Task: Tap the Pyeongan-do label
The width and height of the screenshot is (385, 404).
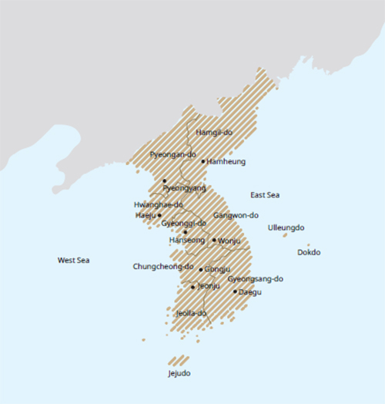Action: click(172, 154)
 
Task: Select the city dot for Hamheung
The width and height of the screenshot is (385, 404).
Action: click(203, 161)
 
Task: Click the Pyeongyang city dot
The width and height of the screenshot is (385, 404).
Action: click(165, 180)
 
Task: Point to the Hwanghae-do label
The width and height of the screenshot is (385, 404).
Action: click(158, 204)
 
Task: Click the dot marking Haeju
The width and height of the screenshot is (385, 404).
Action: click(159, 215)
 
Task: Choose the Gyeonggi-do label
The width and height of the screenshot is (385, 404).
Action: click(184, 223)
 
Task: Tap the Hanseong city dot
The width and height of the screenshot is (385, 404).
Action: click(186, 232)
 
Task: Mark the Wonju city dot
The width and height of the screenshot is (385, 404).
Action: click(214, 240)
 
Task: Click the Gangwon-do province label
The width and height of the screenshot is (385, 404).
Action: click(236, 215)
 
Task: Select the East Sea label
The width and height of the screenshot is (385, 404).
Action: click(265, 195)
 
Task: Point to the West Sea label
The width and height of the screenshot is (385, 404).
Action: click(74, 261)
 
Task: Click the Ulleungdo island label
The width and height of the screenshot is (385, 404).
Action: click(286, 227)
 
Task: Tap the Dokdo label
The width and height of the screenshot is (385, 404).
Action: click(309, 253)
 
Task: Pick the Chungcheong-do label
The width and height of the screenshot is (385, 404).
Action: click(162, 267)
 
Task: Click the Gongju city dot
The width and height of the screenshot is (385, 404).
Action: click(201, 270)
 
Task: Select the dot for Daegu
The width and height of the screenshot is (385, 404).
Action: click(235, 291)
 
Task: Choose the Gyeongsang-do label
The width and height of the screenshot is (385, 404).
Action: click(256, 279)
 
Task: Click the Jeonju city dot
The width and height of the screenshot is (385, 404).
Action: click(193, 287)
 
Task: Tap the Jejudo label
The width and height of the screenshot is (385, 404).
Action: click(179, 373)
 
